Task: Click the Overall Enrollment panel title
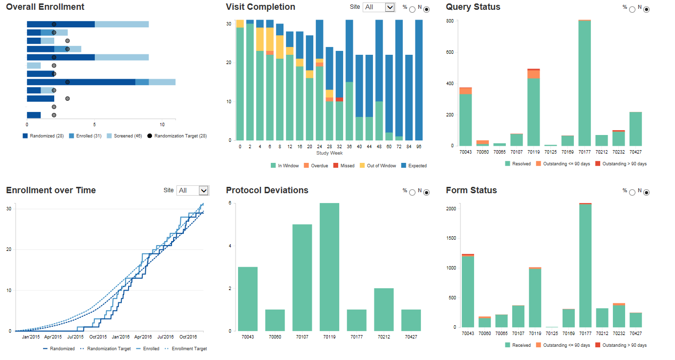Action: click(x=45, y=7)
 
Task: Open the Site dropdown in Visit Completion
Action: click(x=379, y=7)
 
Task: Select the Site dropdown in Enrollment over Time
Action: click(x=193, y=190)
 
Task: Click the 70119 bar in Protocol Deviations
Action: click(x=329, y=267)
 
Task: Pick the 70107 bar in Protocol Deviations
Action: click(x=302, y=278)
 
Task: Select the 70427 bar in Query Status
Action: click(x=635, y=129)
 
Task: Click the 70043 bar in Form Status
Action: click(x=468, y=291)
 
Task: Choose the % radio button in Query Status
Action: click(x=632, y=9)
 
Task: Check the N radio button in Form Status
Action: click(x=647, y=193)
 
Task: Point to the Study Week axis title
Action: click(x=329, y=153)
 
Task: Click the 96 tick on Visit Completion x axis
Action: click(x=419, y=146)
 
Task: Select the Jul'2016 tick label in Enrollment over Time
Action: click(x=165, y=337)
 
